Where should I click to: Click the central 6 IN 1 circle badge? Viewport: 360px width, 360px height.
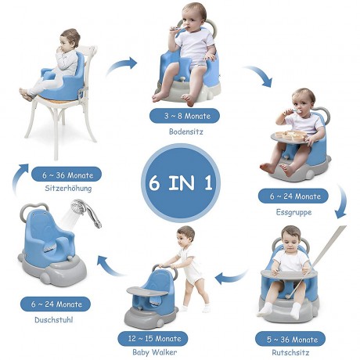[x=179, y=182]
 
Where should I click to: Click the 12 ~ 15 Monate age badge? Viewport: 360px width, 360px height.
[x=159, y=340]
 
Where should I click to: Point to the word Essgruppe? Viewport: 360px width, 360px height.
[x=295, y=211]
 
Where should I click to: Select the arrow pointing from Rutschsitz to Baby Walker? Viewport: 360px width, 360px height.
[x=232, y=275]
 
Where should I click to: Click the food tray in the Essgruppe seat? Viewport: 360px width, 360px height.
[x=293, y=139]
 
